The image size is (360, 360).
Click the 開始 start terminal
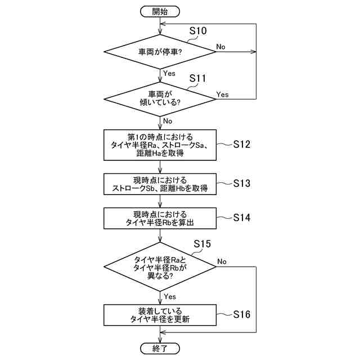click(160, 11)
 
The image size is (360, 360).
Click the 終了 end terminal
click(160, 348)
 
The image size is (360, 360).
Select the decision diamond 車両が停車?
click(160, 52)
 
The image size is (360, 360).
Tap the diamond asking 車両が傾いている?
click(160, 98)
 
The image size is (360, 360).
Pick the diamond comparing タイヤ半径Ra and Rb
click(160, 267)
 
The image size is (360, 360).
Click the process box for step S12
click(160, 145)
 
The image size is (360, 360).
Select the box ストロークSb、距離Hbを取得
click(160, 184)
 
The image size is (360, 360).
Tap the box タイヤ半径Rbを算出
click(160, 218)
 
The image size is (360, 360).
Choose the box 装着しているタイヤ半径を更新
click(160, 315)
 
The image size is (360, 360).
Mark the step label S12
click(241, 145)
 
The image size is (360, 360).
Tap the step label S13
click(241, 183)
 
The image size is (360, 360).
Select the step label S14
click(241, 218)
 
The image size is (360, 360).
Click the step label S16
click(241, 314)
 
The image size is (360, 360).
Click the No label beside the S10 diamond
click(221, 47)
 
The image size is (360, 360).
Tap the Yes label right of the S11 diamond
click(223, 94)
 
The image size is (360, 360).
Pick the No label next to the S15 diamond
click(222, 262)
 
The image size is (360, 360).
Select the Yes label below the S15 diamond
click(169, 296)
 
